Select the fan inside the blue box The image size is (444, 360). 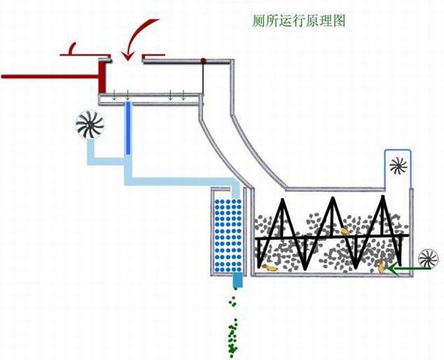[x=398, y=164]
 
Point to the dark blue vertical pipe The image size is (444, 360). [x=128, y=129]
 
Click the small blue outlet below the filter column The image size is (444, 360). [x=238, y=281]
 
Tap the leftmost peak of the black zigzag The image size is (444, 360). [x=281, y=201]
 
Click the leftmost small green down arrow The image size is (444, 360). [x=115, y=96]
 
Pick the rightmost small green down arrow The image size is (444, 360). [x=183, y=96]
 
